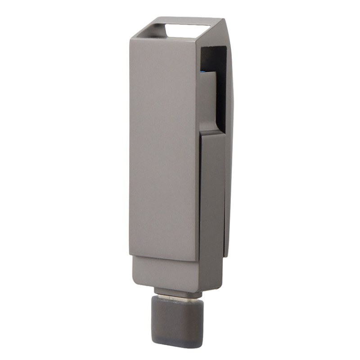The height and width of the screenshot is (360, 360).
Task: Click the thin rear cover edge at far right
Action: tap(229, 180)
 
